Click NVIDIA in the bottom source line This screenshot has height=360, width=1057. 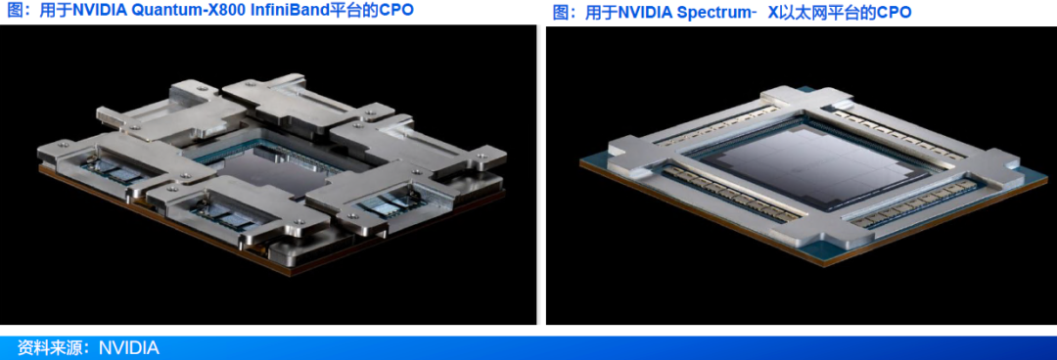point(129,348)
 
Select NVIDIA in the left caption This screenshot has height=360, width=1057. point(98,11)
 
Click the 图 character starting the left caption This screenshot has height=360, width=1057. point(14,11)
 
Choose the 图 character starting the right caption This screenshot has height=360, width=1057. point(560,12)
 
